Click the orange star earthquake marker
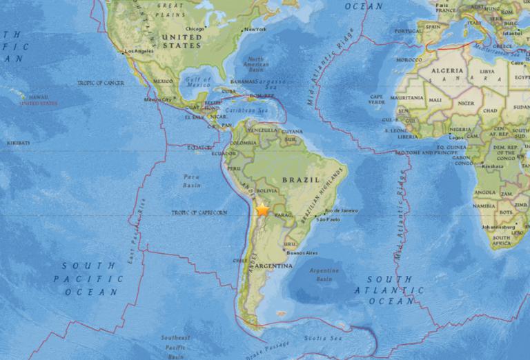click(263, 210)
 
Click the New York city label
click(255, 29)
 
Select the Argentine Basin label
click(324, 274)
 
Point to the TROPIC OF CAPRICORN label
click(199, 212)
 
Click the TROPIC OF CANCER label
click(101, 83)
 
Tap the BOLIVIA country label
click(266, 190)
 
